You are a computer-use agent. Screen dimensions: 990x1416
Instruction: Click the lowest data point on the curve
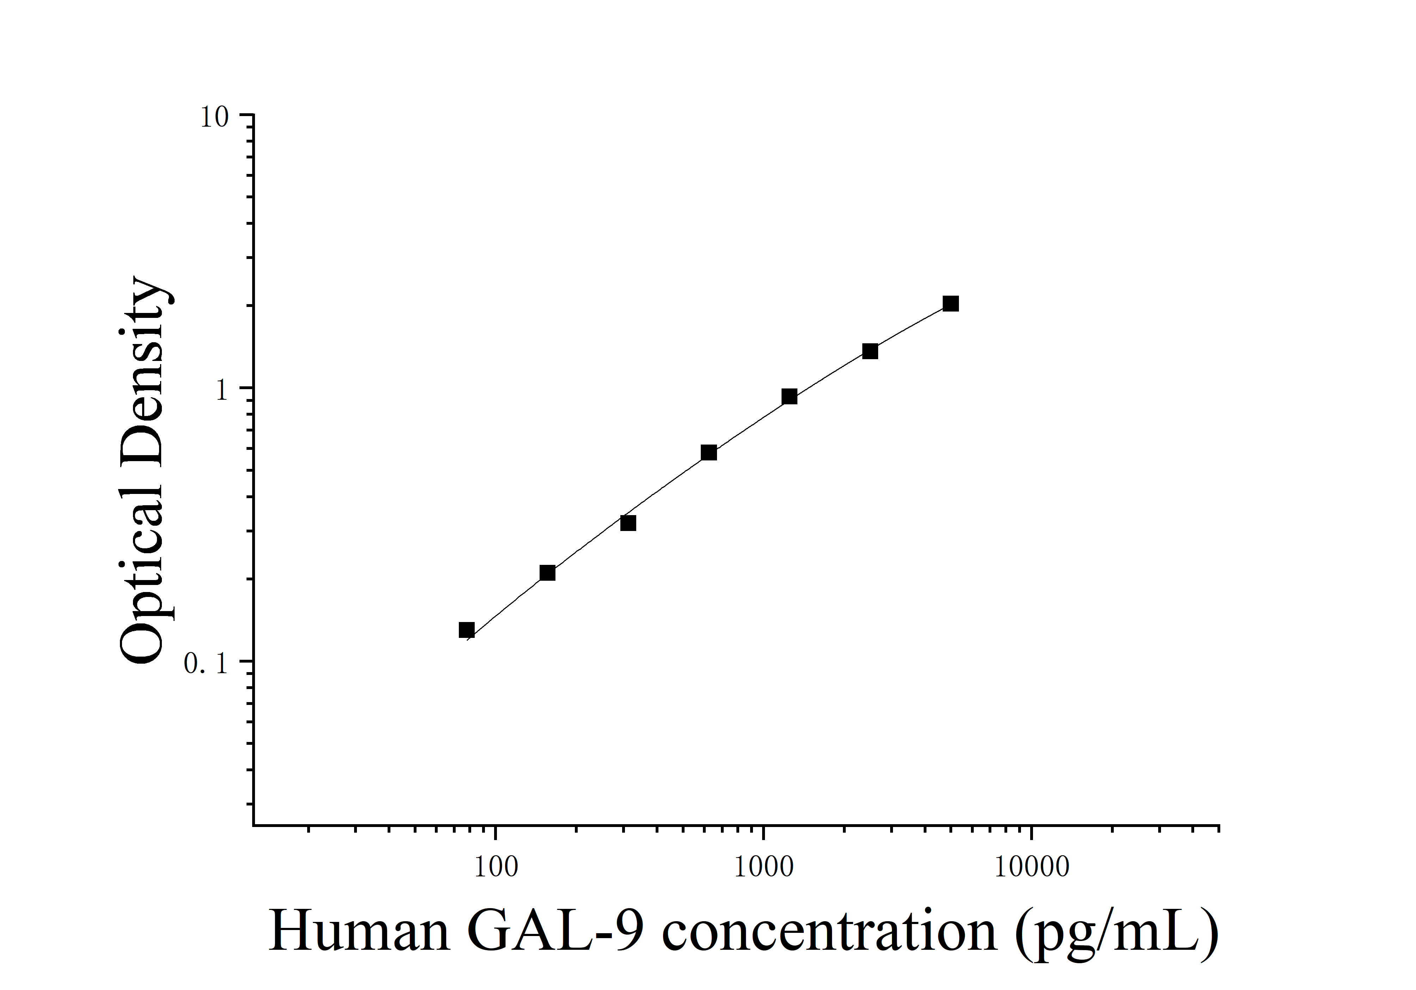(x=467, y=630)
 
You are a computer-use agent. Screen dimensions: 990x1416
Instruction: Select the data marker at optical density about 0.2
(x=547, y=573)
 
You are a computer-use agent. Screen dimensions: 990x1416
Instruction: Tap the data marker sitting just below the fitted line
(x=628, y=523)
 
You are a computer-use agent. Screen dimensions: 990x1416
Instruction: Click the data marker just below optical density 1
(x=789, y=397)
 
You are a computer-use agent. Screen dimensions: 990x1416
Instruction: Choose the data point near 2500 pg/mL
(x=870, y=351)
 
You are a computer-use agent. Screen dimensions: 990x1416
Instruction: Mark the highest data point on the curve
(x=950, y=303)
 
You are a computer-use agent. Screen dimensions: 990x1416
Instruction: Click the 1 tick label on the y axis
(x=223, y=390)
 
